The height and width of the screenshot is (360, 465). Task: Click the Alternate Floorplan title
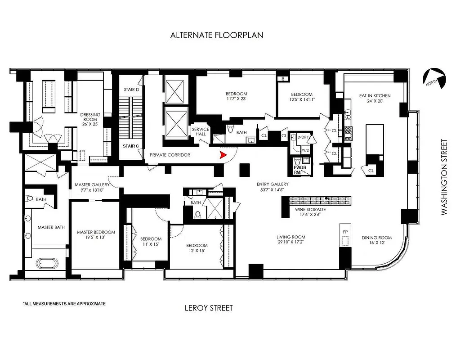[x=216, y=35]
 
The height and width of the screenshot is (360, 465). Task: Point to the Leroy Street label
[x=209, y=308]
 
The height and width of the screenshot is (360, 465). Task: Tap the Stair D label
[x=131, y=90]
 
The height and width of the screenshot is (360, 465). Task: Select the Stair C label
[x=131, y=146]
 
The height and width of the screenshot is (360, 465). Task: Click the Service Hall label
[x=201, y=132]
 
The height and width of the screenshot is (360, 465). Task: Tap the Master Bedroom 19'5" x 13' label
[x=96, y=235]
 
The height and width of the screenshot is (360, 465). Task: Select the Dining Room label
[x=376, y=240]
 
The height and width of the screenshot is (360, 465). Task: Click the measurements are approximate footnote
[x=64, y=304]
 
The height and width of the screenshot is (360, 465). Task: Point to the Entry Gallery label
[x=273, y=187]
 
